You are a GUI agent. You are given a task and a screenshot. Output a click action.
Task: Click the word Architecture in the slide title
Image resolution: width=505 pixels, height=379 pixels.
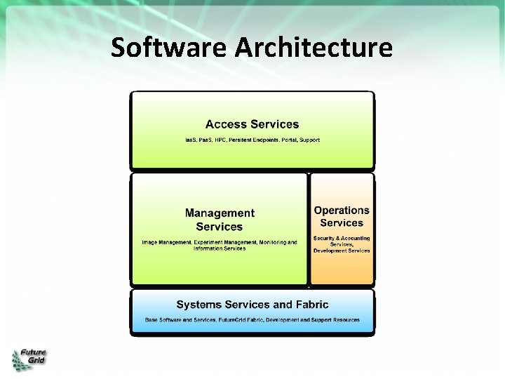pyautogui.click(x=314, y=48)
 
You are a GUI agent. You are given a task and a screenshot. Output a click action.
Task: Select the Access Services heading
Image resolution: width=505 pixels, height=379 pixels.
pyautogui.click(x=252, y=124)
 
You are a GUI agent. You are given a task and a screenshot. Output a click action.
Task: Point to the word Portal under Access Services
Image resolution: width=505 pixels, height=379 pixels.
pyautogui.click(x=289, y=140)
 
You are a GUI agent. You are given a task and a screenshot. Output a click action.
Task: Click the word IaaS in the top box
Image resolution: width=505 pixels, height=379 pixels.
pyautogui.click(x=191, y=140)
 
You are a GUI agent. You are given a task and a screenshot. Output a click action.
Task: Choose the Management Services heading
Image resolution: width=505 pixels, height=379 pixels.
pyautogui.click(x=220, y=220)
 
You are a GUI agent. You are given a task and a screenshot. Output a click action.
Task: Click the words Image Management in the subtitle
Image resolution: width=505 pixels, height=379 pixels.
pyautogui.click(x=166, y=242)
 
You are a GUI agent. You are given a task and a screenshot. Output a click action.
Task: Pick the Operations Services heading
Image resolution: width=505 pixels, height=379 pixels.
pyautogui.click(x=342, y=216)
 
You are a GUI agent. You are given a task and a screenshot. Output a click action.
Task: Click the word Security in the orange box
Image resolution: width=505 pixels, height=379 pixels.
pyautogui.click(x=325, y=239)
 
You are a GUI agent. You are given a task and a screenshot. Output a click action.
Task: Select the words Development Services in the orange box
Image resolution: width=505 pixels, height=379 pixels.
pyautogui.click(x=342, y=251)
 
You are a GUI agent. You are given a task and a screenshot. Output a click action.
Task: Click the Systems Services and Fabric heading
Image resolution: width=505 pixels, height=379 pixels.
pyautogui.click(x=252, y=305)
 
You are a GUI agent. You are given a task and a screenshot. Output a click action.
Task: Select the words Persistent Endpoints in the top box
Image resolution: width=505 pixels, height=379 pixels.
pyautogui.click(x=257, y=140)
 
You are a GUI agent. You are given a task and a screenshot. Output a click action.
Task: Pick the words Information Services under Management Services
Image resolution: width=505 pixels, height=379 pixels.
pyautogui.click(x=220, y=248)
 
